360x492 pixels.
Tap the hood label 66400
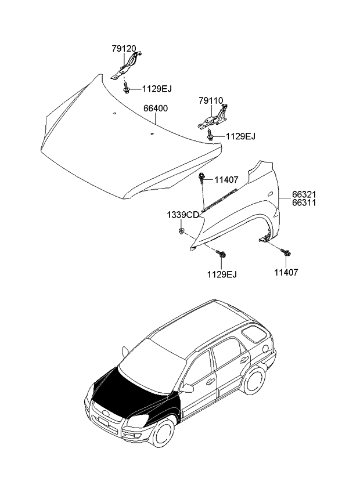[x=156, y=108]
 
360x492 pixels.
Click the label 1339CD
[x=183, y=215]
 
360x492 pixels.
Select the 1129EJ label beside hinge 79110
[x=240, y=136]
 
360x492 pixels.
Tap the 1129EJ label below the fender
[x=221, y=274]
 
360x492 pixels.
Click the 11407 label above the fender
[x=226, y=180]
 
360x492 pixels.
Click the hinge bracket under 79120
[x=127, y=66]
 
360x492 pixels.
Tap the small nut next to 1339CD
[x=182, y=232]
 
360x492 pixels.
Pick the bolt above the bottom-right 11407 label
[x=286, y=252]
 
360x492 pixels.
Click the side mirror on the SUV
[x=188, y=387]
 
